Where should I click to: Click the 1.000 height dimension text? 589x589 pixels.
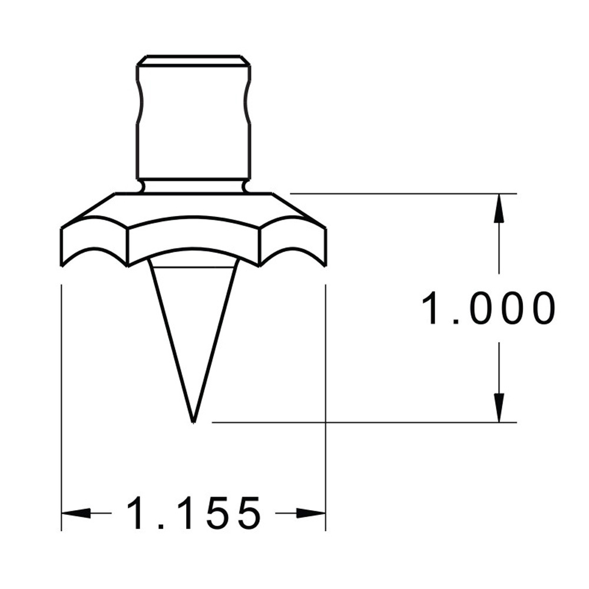coord(488,308)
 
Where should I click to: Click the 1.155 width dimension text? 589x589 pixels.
coord(193,513)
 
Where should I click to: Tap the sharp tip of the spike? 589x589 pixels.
coord(193,421)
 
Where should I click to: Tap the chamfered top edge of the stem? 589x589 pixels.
coord(193,60)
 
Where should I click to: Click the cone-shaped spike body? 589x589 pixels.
coord(193,318)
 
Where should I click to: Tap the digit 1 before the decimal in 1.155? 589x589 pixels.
coord(140,513)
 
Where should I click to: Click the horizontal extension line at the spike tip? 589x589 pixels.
coord(353,422)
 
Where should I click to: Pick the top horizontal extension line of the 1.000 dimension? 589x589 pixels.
coord(401,193)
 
